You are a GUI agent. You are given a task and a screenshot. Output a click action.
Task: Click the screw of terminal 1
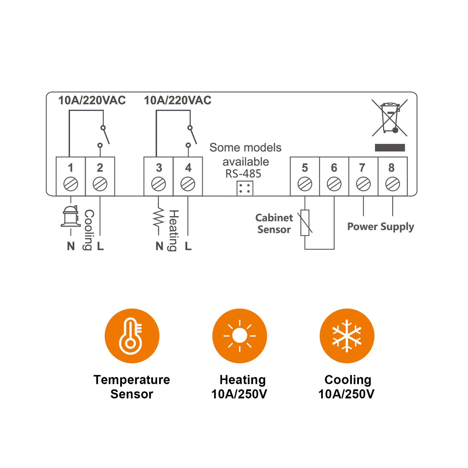pyautogui.click(x=71, y=184)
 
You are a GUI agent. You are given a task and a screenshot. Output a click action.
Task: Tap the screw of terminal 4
pyautogui.click(x=188, y=184)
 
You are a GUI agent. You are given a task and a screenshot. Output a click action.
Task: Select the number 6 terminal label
pyautogui.click(x=334, y=168)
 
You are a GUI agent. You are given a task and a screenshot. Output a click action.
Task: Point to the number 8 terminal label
pyautogui.click(x=391, y=168)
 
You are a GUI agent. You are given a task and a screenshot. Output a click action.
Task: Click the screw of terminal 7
pyautogui.click(x=363, y=184)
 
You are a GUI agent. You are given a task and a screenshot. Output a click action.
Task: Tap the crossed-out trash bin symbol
pyautogui.click(x=390, y=118)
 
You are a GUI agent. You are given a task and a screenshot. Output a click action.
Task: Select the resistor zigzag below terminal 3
pyautogui.click(x=158, y=217)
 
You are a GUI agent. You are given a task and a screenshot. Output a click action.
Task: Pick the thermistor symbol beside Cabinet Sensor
pyautogui.click(x=305, y=223)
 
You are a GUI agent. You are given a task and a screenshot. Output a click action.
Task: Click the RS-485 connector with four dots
pyautogui.click(x=245, y=188)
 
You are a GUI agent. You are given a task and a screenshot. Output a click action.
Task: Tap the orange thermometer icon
pyautogui.click(x=132, y=336)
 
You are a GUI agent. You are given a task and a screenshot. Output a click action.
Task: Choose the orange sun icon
pyautogui.click(x=240, y=336)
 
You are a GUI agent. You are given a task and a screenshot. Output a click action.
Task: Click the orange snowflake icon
pyautogui.click(x=347, y=336)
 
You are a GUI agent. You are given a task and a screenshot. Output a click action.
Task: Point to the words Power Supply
pyautogui.click(x=381, y=227)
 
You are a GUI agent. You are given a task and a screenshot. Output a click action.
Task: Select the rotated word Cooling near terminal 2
pyautogui.click(x=89, y=230)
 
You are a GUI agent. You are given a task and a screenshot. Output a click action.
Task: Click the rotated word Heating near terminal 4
pyautogui.click(x=174, y=230)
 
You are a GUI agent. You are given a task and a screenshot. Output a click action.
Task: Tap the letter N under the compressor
pyautogui.click(x=71, y=246)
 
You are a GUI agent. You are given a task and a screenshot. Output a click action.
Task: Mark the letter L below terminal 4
pyautogui.click(x=188, y=246)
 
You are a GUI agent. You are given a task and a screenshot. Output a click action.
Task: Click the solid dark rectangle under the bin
pyautogui.click(x=390, y=147)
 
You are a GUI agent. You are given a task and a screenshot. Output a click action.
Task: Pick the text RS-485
pyautogui.click(x=243, y=174)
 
